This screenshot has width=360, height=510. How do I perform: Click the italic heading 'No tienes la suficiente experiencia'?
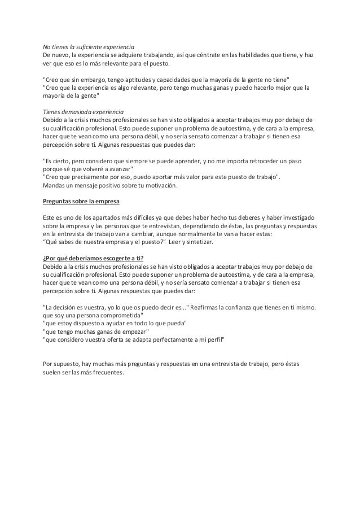[x=89, y=46]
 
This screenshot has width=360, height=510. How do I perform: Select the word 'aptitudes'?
[x=138, y=79]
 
